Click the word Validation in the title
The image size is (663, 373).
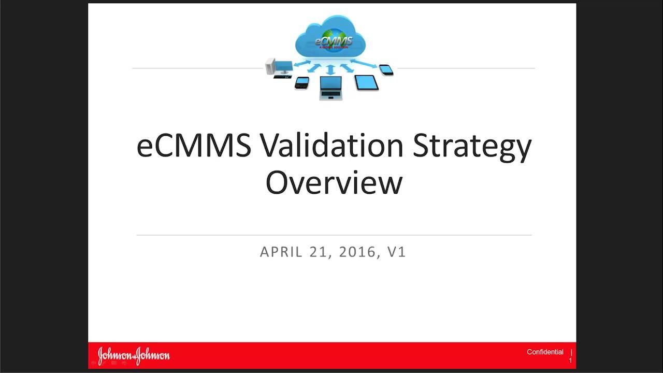pyautogui.click(x=331, y=147)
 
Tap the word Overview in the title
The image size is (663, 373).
pyautogui.click(x=334, y=182)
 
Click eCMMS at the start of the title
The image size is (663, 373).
pyautogui.click(x=194, y=147)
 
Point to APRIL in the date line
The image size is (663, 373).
pyautogui.click(x=280, y=252)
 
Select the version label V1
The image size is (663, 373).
pyautogui.click(x=397, y=252)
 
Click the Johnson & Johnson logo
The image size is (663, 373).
pyautogui.click(x=134, y=356)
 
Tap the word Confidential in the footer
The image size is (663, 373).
pyautogui.click(x=545, y=352)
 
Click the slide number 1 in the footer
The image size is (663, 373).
pyautogui.click(x=570, y=360)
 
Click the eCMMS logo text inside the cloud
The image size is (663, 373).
pyautogui.click(x=334, y=40)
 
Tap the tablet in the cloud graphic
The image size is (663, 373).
pyautogui.click(x=366, y=82)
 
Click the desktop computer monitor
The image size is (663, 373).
pyautogui.click(x=283, y=67)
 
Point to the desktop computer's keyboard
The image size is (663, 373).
pyautogui.click(x=282, y=77)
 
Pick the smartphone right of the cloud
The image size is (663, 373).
pyautogui.click(x=386, y=69)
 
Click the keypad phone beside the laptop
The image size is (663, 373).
pyautogui.click(x=301, y=82)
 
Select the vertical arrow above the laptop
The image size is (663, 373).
pyautogui.click(x=330, y=69)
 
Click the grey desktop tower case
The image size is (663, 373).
pyautogui.click(x=270, y=67)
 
